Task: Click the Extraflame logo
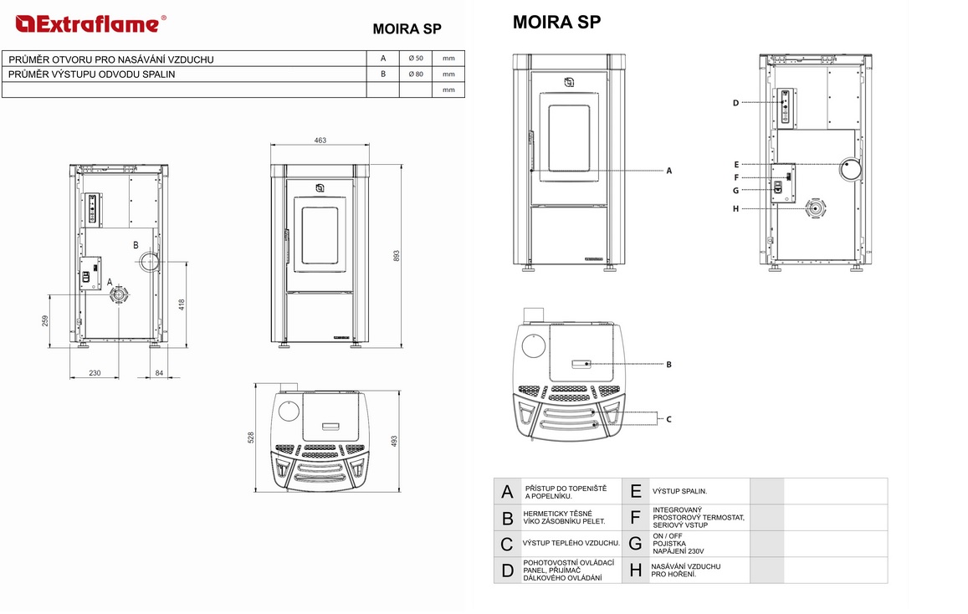point(90,24)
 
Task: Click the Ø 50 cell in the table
point(416,59)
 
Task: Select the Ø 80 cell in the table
point(416,74)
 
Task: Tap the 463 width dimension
point(320,140)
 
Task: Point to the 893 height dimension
point(397,255)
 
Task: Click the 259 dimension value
point(45,321)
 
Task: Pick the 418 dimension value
point(182,304)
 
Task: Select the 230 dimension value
point(95,373)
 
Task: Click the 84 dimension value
point(159,373)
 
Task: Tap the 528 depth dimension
point(251,437)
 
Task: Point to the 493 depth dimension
point(394,441)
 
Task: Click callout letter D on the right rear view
point(735,103)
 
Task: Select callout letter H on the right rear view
point(735,209)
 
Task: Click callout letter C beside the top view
point(668,420)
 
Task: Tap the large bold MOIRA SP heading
point(557,23)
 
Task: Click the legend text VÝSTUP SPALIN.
point(679,492)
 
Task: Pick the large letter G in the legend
point(635,544)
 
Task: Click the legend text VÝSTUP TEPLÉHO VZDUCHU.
point(571,543)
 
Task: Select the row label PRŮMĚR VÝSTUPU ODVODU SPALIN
point(92,74)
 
